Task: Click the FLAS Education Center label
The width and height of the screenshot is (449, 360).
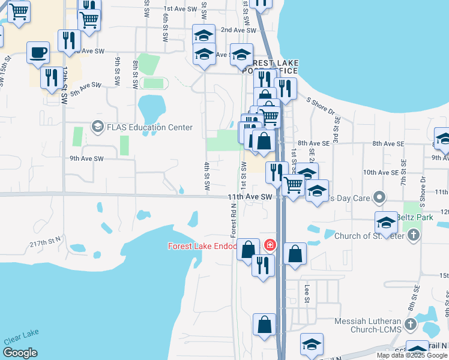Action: coord(149,127)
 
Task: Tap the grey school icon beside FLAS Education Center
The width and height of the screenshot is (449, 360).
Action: coord(97,127)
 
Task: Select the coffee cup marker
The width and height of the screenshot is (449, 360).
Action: coord(38,52)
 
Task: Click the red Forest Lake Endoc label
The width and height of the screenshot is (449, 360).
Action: coord(202,246)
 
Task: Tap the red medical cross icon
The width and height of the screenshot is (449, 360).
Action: coord(269,245)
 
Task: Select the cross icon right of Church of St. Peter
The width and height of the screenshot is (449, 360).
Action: coord(413,236)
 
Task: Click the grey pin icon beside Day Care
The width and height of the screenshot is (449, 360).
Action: coord(379,197)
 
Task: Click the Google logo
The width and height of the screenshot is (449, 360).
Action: coord(20,353)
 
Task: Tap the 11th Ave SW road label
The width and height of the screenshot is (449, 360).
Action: coord(250,197)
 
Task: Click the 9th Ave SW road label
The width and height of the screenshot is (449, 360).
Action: coord(86,158)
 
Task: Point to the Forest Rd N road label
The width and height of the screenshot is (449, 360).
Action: coord(234,220)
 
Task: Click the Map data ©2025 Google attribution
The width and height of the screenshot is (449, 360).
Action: coord(412,355)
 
